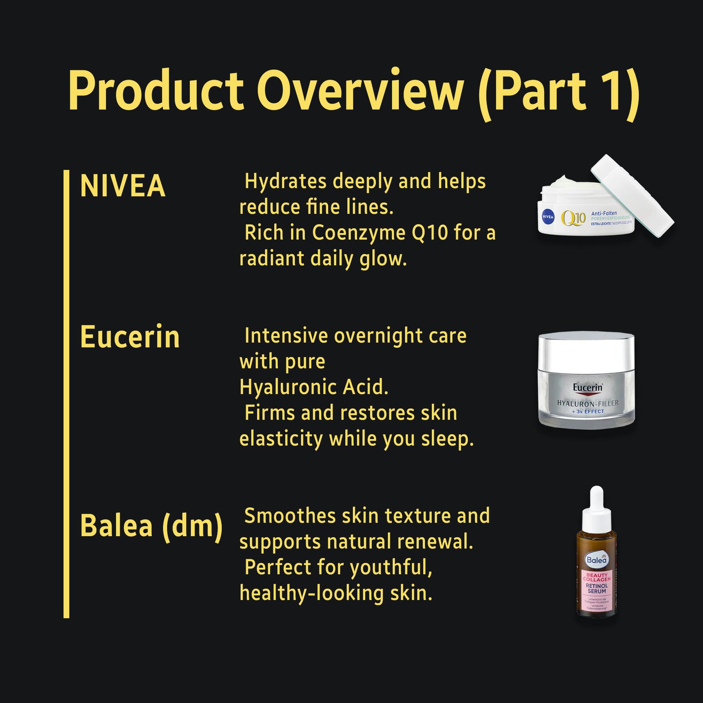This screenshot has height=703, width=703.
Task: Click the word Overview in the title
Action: point(360,90)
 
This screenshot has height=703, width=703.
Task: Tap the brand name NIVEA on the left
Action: point(123,186)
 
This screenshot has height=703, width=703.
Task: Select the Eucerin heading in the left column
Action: point(130,337)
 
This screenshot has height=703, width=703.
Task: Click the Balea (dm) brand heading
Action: point(151,526)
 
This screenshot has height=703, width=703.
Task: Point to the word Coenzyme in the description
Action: point(359,233)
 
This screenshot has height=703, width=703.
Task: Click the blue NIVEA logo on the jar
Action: point(548,217)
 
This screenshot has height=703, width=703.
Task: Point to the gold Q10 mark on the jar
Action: point(573,218)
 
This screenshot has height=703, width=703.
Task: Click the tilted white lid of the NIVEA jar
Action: point(632,195)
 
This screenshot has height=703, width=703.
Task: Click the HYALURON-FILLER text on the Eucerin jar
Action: point(588,403)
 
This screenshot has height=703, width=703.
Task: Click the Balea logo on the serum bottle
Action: point(597,560)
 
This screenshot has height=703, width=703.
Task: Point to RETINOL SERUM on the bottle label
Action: point(597,589)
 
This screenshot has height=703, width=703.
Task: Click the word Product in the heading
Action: point(156,90)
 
